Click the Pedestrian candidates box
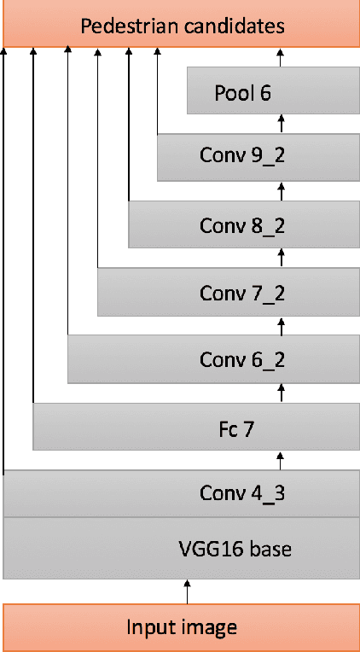click(x=181, y=25)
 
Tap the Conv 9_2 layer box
click(x=257, y=157)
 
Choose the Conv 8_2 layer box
click(x=243, y=224)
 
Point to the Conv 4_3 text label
click(x=242, y=492)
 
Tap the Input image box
click(x=181, y=627)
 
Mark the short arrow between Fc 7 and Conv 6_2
click(x=281, y=393)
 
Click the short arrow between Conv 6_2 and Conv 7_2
click(x=281, y=325)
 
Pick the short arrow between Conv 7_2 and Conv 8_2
click(x=281, y=258)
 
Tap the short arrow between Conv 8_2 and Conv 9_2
click(x=281, y=190)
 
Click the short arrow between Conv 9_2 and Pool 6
click(x=281, y=124)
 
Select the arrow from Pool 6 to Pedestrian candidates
click(x=281, y=58)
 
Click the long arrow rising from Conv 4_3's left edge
click(x=4, y=256)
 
